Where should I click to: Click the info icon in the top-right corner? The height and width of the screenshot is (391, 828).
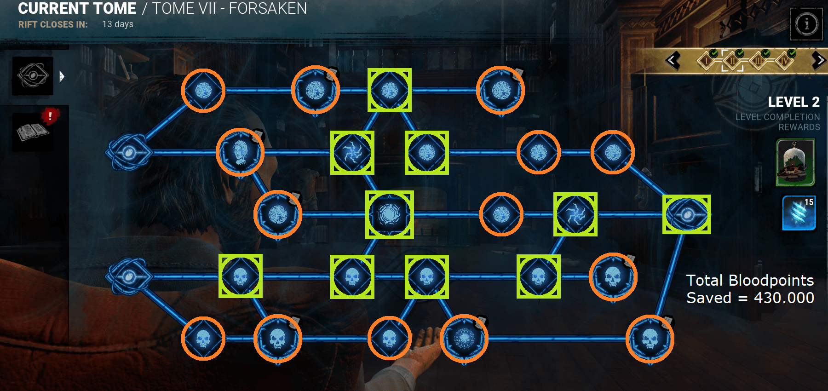click(x=806, y=24)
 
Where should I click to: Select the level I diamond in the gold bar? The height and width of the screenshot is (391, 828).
click(x=707, y=60)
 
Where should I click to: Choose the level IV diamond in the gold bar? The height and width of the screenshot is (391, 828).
click(x=785, y=60)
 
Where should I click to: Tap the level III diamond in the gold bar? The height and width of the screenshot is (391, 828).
click(x=759, y=60)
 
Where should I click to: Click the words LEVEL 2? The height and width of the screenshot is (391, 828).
click(x=793, y=102)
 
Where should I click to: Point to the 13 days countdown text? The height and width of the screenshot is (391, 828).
click(x=118, y=24)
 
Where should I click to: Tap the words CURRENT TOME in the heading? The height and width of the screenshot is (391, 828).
click(x=77, y=8)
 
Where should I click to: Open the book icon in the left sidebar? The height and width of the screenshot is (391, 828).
click(x=32, y=132)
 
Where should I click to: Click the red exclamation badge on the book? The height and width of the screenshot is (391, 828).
click(x=50, y=115)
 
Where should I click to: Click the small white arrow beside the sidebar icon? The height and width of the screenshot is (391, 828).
click(x=62, y=76)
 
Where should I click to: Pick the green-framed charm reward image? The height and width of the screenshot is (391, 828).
click(x=795, y=162)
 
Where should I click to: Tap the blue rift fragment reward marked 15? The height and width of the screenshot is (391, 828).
click(x=799, y=213)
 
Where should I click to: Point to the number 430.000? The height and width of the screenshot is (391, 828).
click(x=784, y=298)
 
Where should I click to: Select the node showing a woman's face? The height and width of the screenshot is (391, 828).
click(x=240, y=152)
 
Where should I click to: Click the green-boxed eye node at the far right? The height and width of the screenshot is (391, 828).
click(x=686, y=214)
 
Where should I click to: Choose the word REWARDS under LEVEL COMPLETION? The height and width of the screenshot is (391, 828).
click(x=799, y=127)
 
